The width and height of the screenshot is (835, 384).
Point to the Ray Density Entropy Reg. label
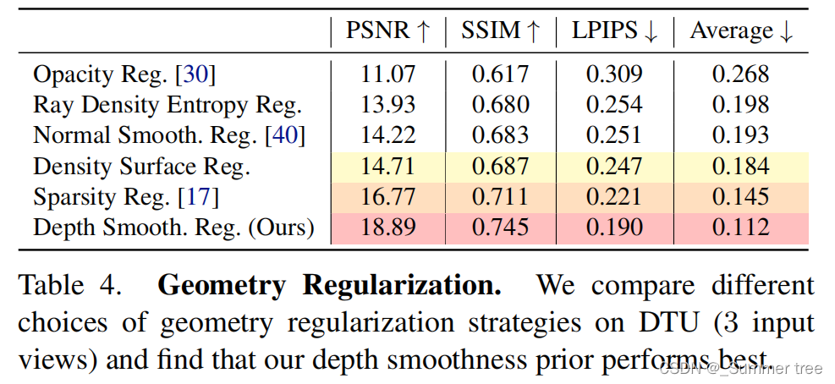click(168, 105)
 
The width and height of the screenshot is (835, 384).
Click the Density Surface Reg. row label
click(141, 167)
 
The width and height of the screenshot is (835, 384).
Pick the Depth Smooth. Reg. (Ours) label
click(173, 228)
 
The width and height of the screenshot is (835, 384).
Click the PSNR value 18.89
click(388, 228)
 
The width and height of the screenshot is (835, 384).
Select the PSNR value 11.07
click(388, 74)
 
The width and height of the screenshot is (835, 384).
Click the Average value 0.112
click(740, 228)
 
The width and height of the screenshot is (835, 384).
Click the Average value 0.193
click(740, 135)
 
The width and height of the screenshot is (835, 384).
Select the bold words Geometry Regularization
click(329, 285)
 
